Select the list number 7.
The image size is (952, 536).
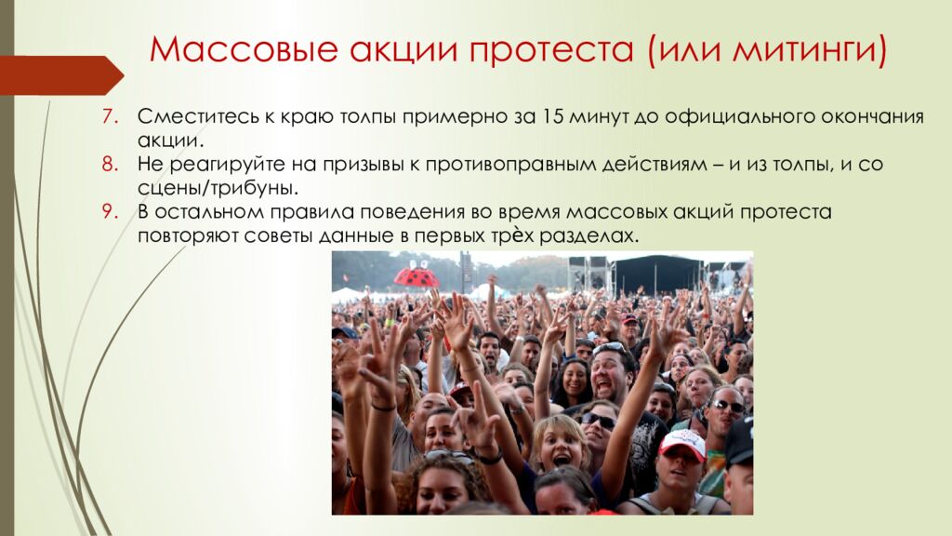click(108, 117)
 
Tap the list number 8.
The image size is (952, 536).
click(108, 165)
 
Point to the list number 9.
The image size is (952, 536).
click(108, 212)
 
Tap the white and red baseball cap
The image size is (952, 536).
click(682, 444)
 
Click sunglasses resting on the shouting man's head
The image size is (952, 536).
click(612, 349)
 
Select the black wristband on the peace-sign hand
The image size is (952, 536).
click(383, 406)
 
